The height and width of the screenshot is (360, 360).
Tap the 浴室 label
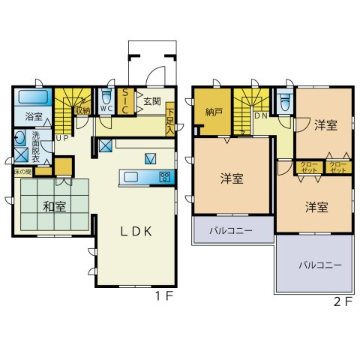tap(33, 117)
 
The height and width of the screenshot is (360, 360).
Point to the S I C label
tap(126, 101)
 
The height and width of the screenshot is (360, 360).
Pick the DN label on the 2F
tap(260, 116)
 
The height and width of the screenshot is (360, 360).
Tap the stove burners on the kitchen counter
tap(164, 177)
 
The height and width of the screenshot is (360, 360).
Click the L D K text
tap(137, 231)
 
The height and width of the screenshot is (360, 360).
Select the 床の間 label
tap(22, 172)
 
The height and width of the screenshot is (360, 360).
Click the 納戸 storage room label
tap(214, 112)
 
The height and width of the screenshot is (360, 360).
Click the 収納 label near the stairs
tap(82, 108)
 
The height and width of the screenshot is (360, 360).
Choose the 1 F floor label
tap(164, 296)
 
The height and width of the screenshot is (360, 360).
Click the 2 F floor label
tap(342, 302)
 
